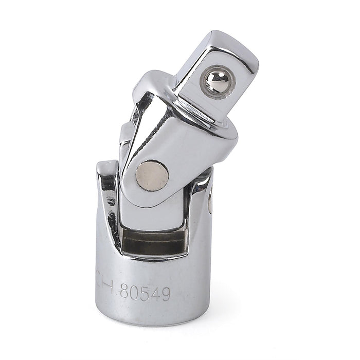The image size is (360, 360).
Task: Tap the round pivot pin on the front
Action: click(154, 175)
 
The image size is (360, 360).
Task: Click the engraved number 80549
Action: click(145, 293)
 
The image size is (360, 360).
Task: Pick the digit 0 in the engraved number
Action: click(134, 293)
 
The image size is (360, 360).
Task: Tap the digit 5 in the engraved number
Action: click(145, 293)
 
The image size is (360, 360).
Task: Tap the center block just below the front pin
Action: click(154, 206)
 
